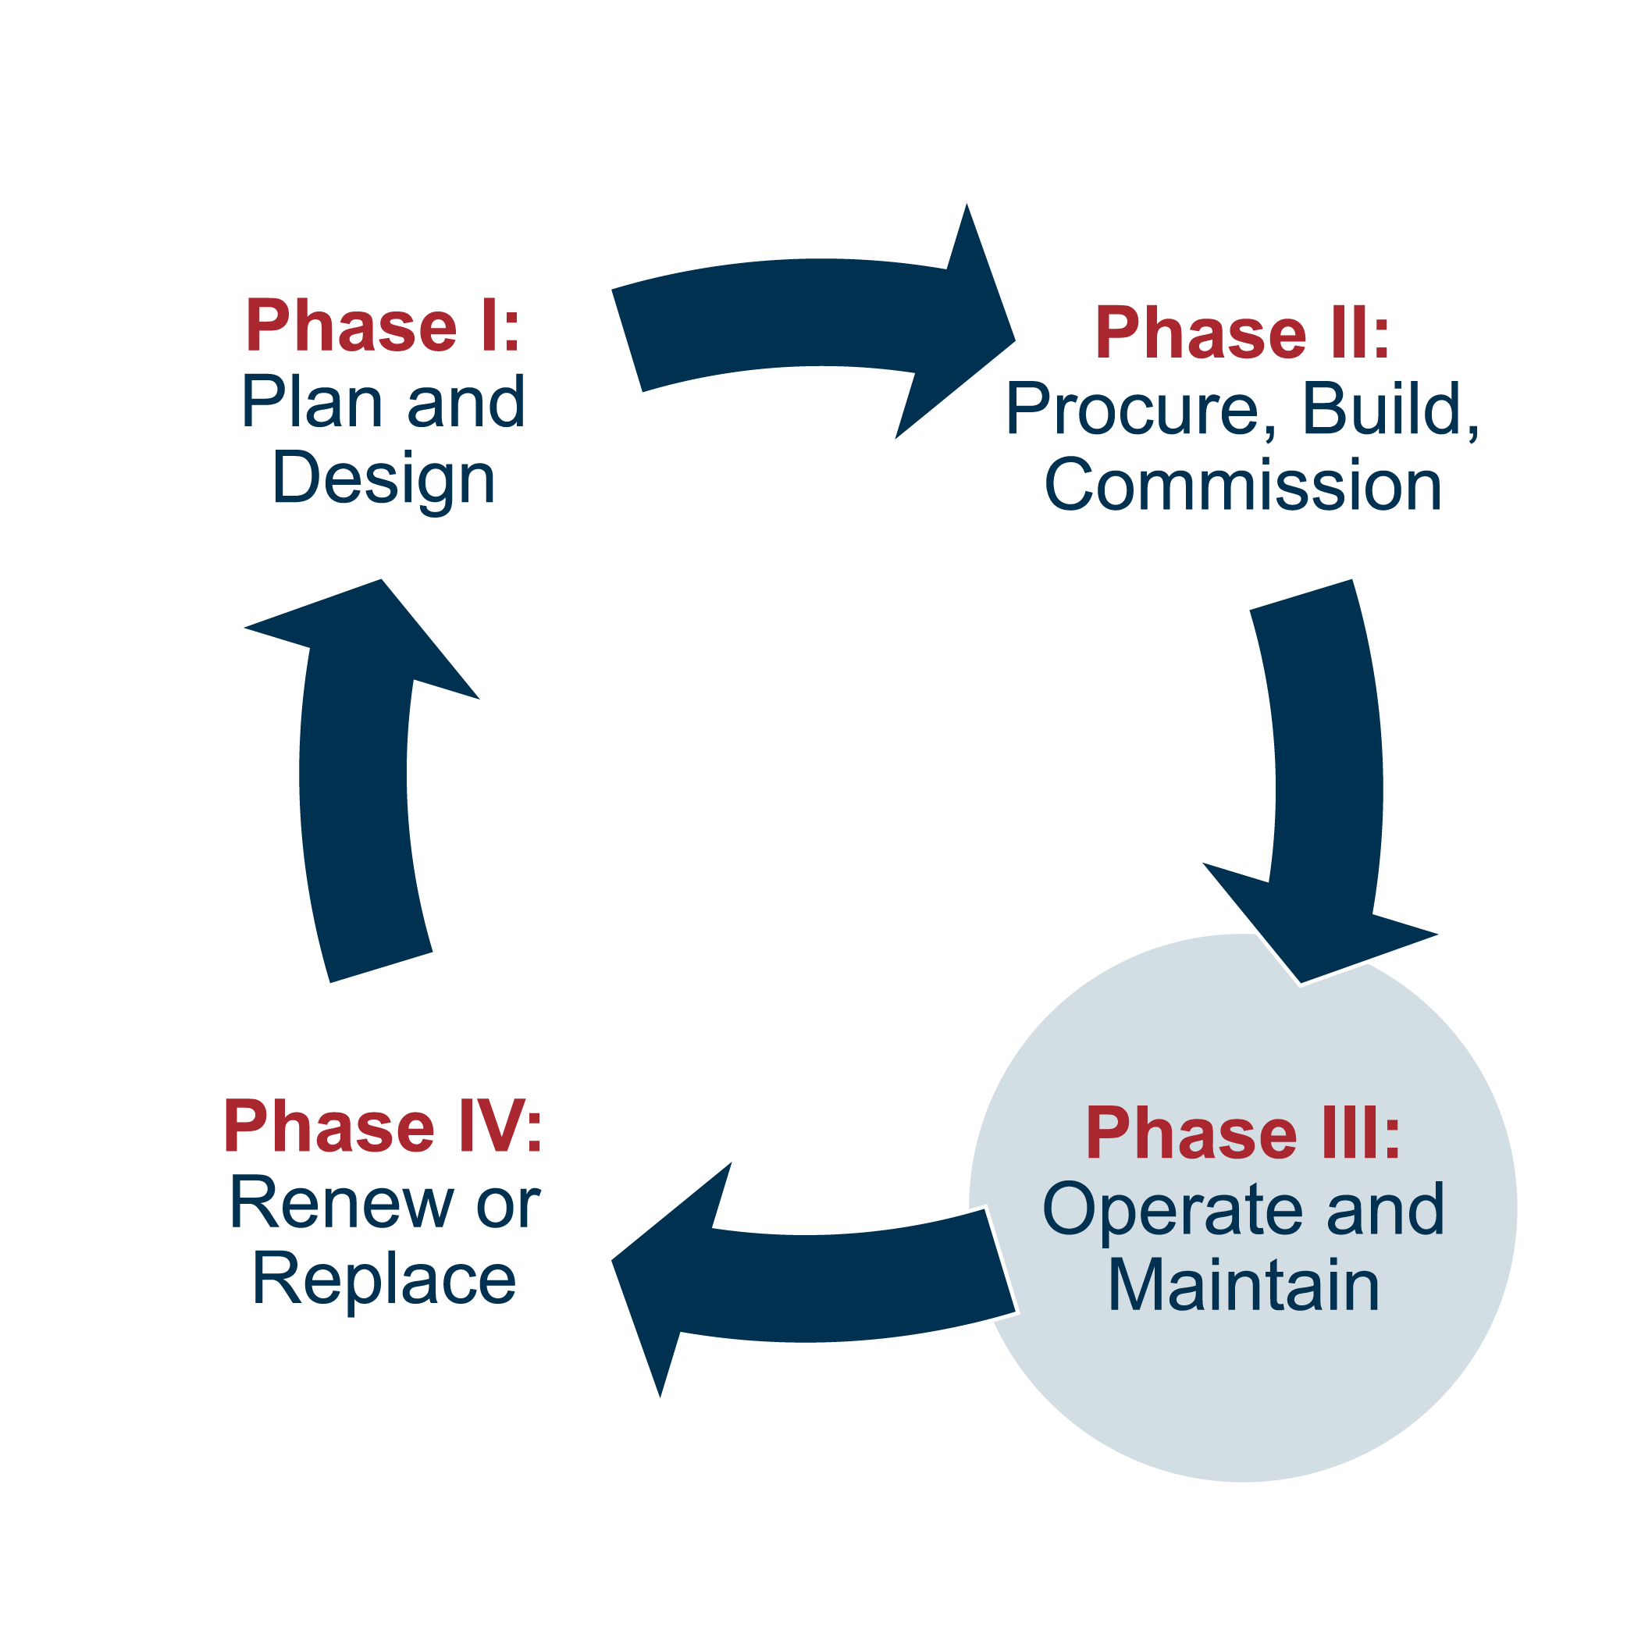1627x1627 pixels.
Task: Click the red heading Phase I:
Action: click(x=383, y=326)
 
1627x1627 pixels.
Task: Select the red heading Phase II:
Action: click(x=1242, y=333)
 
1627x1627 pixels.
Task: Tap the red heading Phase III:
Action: click(x=1243, y=1134)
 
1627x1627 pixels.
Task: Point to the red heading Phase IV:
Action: click(x=383, y=1127)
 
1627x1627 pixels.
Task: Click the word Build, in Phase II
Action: click(x=1390, y=410)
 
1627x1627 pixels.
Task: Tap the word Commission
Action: click(x=1243, y=486)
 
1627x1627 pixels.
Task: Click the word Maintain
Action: click(x=1243, y=1286)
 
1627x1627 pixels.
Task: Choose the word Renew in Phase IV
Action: click(x=341, y=1203)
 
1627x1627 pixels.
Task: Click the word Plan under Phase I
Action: click(x=312, y=403)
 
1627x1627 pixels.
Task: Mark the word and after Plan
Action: click(x=467, y=403)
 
